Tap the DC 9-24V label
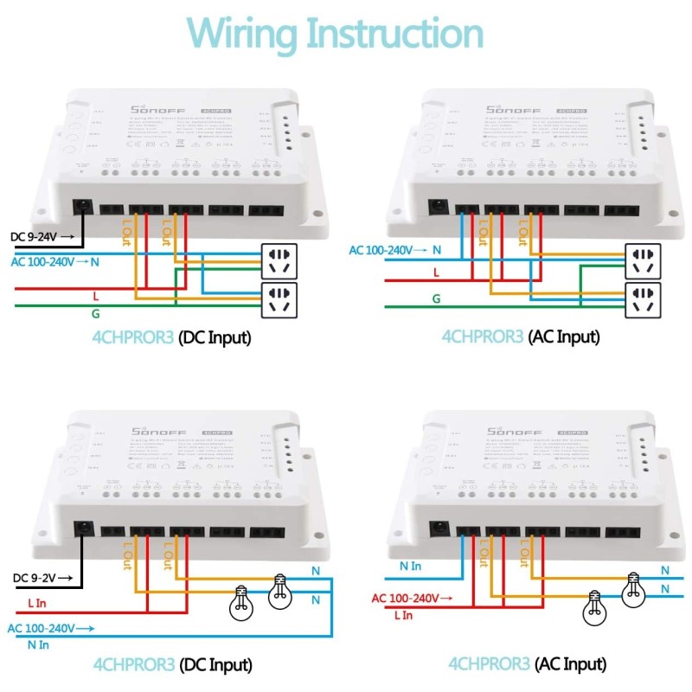(35, 236)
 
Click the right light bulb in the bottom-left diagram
(279, 589)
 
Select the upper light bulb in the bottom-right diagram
(635, 588)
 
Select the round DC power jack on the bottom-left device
(85, 529)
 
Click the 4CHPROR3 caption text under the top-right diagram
(483, 336)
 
